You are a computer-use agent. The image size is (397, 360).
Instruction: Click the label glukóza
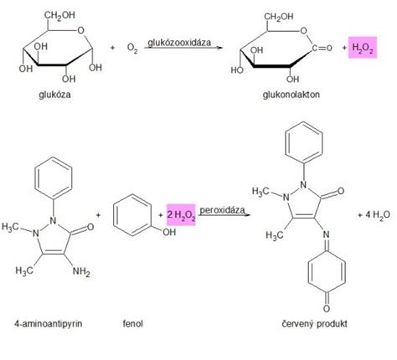click(x=54, y=95)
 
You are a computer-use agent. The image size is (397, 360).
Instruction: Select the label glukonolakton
click(x=291, y=95)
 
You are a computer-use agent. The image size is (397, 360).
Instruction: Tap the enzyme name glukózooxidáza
click(x=179, y=43)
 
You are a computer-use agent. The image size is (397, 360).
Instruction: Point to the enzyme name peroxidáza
click(x=222, y=210)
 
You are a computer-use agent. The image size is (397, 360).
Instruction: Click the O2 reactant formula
click(x=132, y=48)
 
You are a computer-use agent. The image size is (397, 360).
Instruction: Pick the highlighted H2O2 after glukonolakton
click(x=363, y=48)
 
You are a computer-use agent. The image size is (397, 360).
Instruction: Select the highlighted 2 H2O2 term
click(x=181, y=214)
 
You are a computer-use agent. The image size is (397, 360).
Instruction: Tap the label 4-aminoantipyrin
click(x=49, y=324)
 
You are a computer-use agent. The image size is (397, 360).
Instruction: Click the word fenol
click(x=133, y=324)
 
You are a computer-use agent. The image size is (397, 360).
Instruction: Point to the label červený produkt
click(x=314, y=324)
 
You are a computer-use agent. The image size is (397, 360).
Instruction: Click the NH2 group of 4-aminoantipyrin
click(x=81, y=271)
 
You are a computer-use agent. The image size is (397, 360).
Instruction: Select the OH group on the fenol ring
click(x=169, y=232)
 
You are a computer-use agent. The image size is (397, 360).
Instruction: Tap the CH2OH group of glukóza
click(x=59, y=15)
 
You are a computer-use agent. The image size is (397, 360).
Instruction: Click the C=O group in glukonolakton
click(x=322, y=48)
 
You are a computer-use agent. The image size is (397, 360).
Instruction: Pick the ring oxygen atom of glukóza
click(x=80, y=30)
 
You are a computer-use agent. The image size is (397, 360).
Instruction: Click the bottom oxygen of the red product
click(x=327, y=308)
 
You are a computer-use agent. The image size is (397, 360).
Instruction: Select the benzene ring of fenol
click(x=132, y=215)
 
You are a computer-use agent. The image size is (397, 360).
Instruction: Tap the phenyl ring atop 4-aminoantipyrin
click(x=54, y=177)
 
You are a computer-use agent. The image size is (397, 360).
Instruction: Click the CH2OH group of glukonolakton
click(x=279, y=17)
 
